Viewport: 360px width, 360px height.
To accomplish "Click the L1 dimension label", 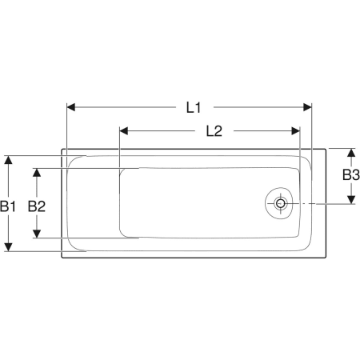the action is pos(194,108).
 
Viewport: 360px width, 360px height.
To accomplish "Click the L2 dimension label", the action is pos(214,131).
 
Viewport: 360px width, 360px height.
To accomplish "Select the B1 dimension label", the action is pos(8,206).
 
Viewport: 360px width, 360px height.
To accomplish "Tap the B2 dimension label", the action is pos(37,206).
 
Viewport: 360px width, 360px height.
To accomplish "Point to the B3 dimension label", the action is pos(351,175).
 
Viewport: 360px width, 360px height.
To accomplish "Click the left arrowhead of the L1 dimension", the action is pos(70,107).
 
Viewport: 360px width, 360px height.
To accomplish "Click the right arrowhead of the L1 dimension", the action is pos(307,107).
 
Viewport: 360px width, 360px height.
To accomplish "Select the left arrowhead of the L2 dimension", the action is pos(124,131).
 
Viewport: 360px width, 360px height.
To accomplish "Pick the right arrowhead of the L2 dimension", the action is pos(296,131).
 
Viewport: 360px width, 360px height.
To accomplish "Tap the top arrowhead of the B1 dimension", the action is pos(9,160).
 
